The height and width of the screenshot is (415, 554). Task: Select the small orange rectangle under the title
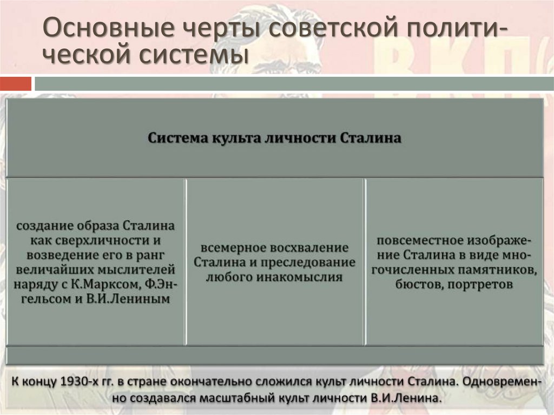[x=16, y=84]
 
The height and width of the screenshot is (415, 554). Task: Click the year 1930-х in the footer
[x=81, y=382]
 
